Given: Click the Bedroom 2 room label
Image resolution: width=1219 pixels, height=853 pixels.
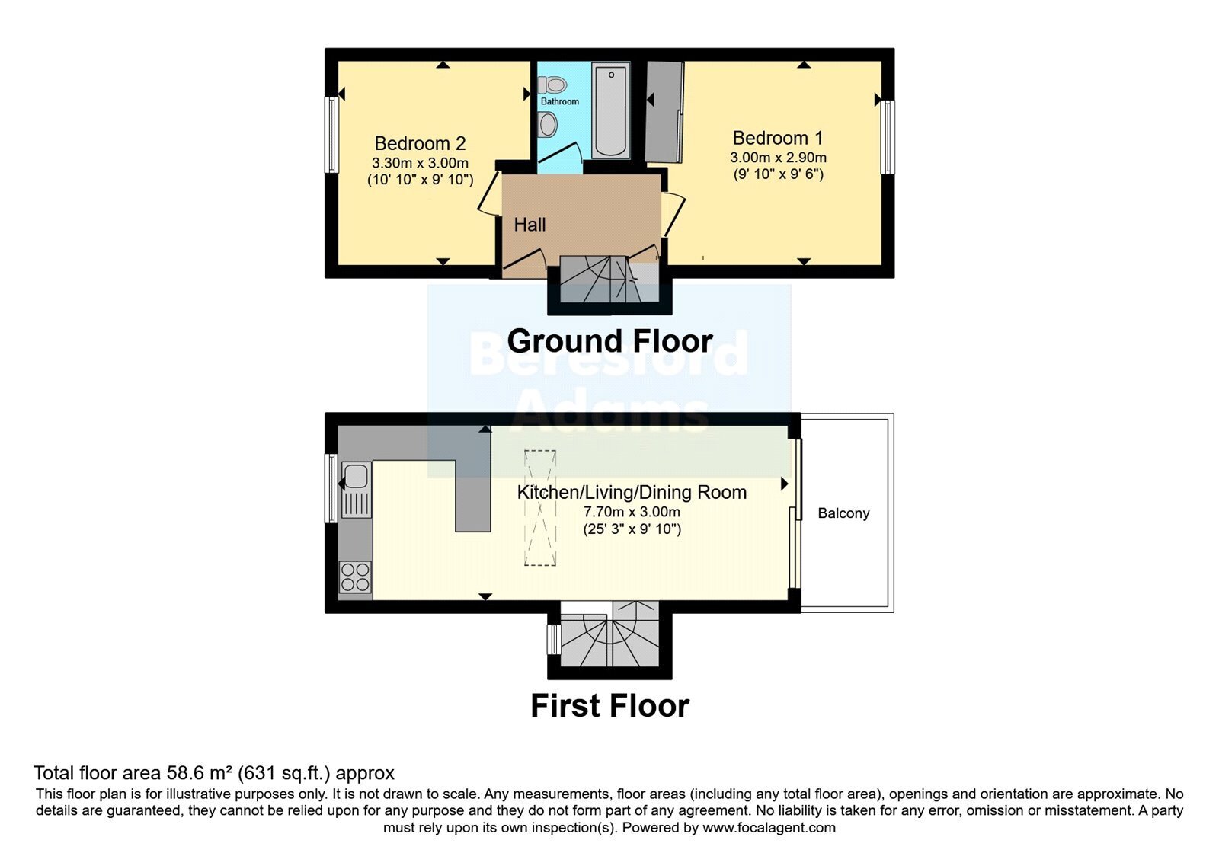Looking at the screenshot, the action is click(x=420, y=144).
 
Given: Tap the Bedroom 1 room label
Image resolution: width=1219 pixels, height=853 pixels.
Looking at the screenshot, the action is click(x=778, y=138).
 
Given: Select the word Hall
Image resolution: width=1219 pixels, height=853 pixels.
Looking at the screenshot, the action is click(x=530, y=225).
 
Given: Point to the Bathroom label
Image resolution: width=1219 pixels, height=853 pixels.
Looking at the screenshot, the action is click(x=559, y=101).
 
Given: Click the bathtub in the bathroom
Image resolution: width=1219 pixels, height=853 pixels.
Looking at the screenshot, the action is click(x=610, y=110).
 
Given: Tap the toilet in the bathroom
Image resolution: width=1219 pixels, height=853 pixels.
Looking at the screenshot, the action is click(x=552, y=85).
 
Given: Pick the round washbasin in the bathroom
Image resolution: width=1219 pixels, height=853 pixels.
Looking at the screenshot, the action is click(x=548, y=125).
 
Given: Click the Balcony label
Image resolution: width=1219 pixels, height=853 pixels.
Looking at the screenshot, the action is click(x=843, y=513).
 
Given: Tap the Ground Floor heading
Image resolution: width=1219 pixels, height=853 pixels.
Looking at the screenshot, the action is click(x=610, y=342).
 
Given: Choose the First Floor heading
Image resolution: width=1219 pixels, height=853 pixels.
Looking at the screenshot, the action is click(x=610, y=705).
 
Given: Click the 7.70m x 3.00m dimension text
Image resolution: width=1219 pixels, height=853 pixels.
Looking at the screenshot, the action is click(x=632, y=512).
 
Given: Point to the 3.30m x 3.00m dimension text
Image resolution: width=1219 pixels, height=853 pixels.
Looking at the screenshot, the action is click(x=420, y=163).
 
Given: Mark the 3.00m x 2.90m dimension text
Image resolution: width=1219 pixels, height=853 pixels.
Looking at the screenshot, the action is click(x=778, y=158).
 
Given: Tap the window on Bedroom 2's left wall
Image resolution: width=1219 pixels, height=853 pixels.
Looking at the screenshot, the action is click(x=331, y=135).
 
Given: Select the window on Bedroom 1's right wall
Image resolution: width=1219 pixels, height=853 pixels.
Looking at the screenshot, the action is click(x=888, y=137).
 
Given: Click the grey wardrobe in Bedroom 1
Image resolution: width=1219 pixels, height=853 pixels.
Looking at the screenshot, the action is click(x=664, y=112).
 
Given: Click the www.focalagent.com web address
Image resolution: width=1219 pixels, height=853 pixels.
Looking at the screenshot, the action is click(x=769, y=828).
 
